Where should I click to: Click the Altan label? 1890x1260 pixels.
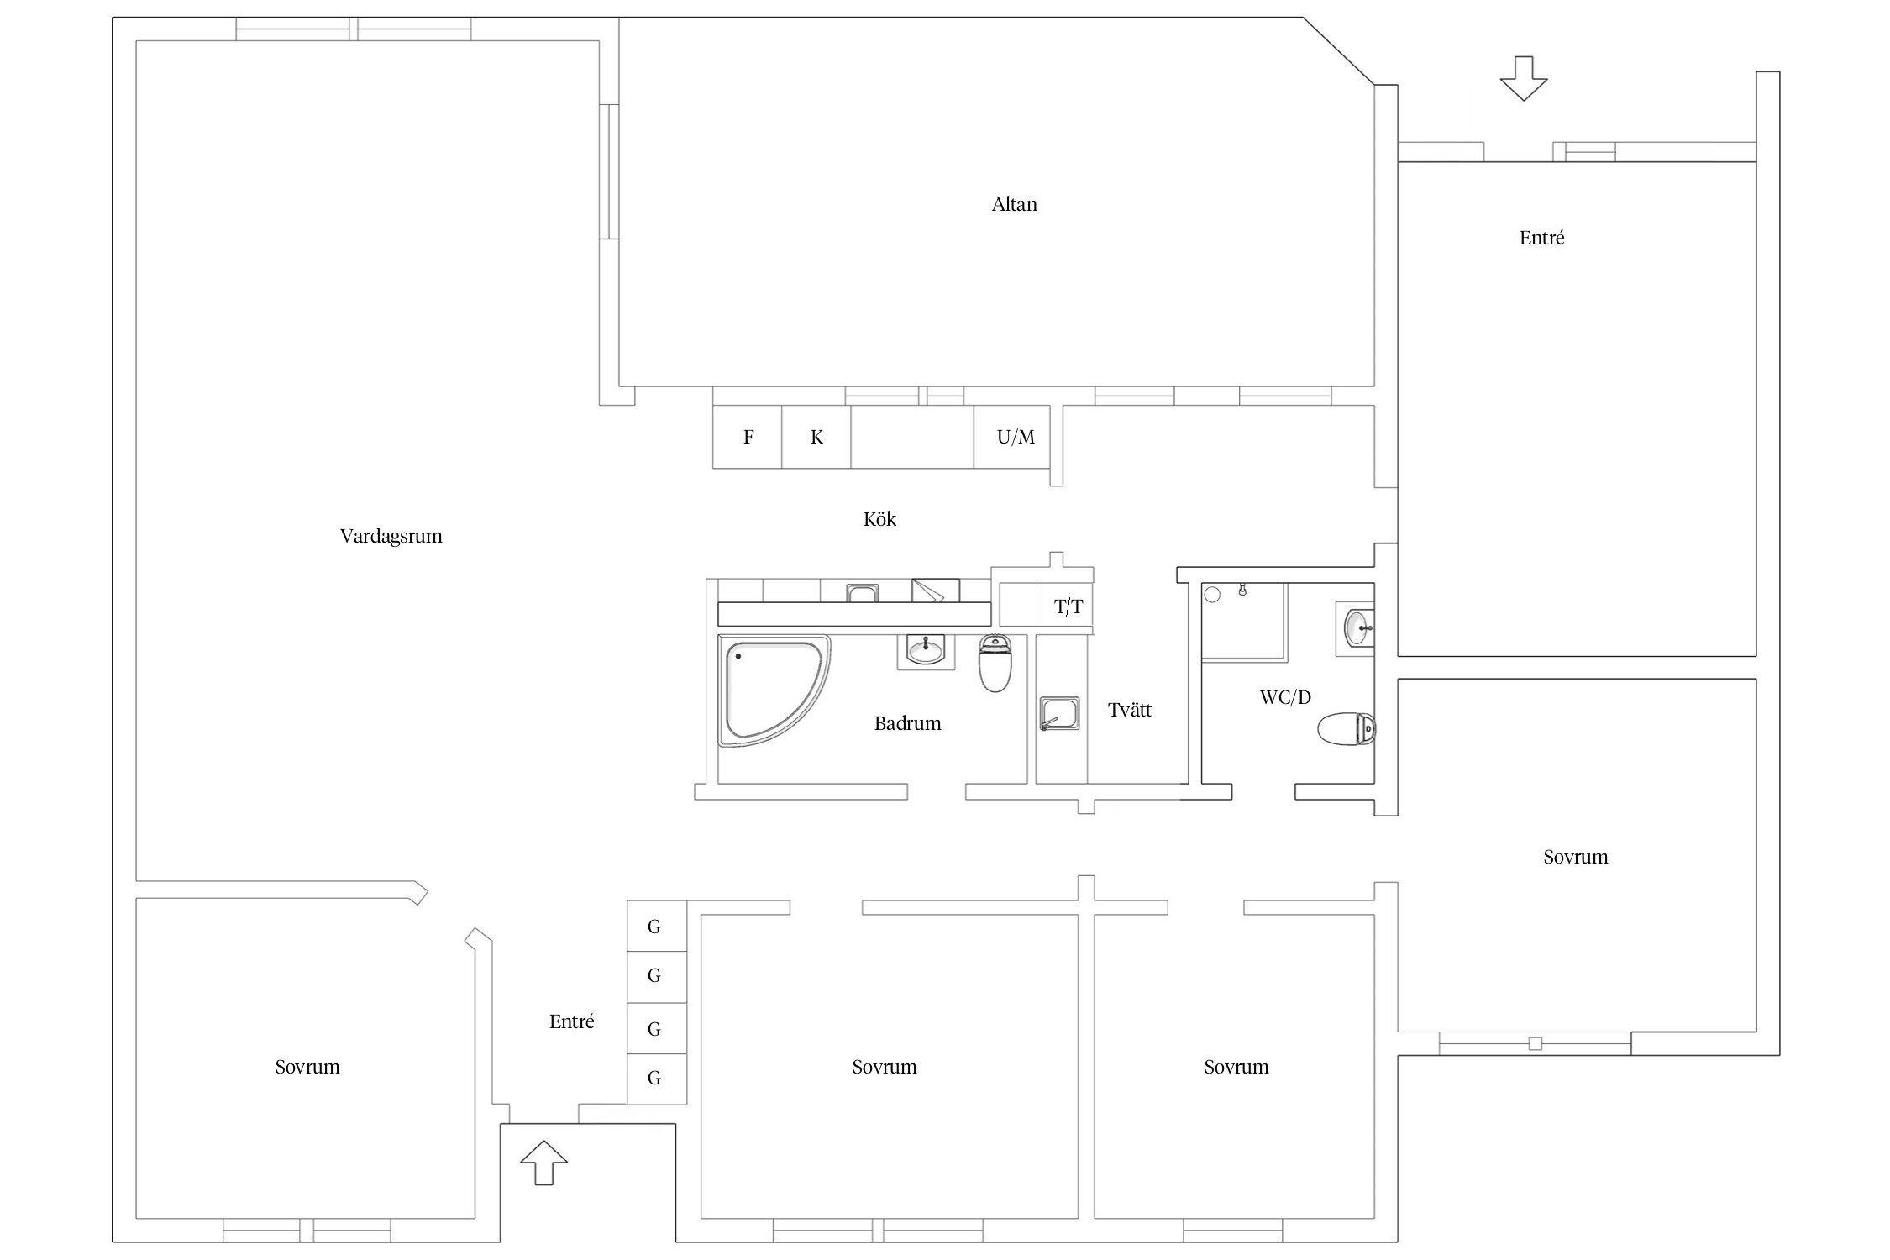(1014, 204)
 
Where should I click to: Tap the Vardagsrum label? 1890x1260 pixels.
(391, 536)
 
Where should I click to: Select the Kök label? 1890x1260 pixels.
(879, 519)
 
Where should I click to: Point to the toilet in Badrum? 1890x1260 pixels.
(995, 663)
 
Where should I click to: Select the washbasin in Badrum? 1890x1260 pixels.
(926, 649)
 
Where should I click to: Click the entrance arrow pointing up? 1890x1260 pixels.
(543, 1163)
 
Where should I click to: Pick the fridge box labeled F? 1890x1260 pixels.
(748, 437)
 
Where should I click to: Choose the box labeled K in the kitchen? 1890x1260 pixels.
(816, 437)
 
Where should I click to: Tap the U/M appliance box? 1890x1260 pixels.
(1012, 437)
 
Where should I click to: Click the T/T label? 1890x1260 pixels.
(1068, 606)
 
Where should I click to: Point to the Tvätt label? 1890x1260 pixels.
(1130, 710)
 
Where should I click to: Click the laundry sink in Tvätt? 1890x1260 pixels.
(1059, 713)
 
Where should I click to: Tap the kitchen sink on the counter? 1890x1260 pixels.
(863, 593)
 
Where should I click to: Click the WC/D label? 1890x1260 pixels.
(1285, 696)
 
